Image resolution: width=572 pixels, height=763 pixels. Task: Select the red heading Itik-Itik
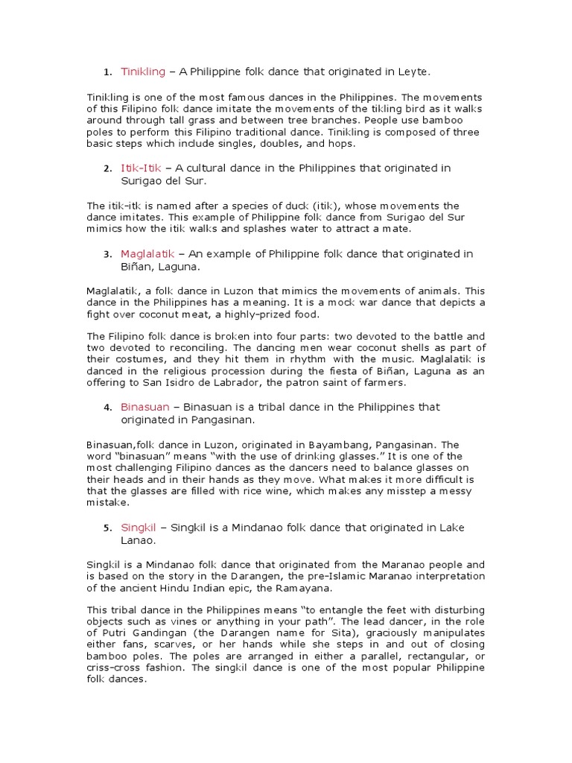point(141,168)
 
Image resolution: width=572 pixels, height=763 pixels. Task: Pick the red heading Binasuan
point(145,407)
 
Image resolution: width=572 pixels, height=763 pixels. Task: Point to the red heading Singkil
point(139,528)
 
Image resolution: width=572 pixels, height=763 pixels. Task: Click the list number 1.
point(107,72)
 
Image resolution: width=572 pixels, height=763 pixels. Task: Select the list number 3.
point(107,255)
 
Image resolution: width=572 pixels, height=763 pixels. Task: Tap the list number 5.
point(107,528)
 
